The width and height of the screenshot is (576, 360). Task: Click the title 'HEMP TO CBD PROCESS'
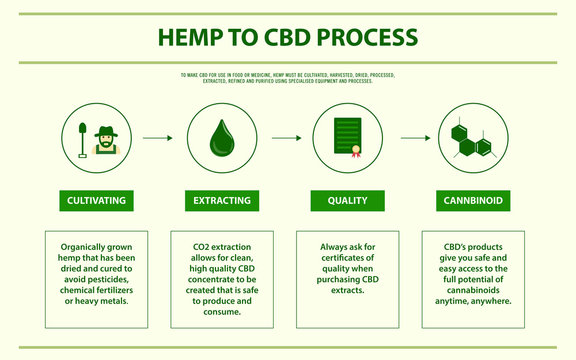(x=288, y=38)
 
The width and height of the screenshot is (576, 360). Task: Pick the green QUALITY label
(x=347, y=201)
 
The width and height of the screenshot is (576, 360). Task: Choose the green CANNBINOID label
(x=473, y=201)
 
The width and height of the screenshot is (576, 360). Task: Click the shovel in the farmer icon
(x=80, y=139)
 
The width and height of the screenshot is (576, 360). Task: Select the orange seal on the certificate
(x=354, y=151)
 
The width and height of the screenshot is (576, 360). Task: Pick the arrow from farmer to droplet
(x=157, y=138)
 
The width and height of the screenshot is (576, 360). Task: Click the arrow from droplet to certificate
(x=286, y=138)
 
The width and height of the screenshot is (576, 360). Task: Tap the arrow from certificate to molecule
(x=412, y=138)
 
